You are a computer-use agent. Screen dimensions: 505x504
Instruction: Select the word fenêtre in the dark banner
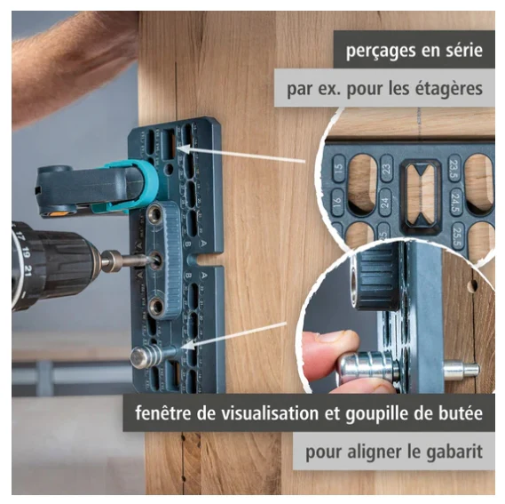pos(163,412)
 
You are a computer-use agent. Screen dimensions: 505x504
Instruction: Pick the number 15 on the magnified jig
pos(339,168)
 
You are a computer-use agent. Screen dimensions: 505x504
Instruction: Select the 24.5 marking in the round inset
pos(455,203)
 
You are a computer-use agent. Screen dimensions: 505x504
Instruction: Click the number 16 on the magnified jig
pos(337,203)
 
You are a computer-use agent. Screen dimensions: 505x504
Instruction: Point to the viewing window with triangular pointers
pos(420,195)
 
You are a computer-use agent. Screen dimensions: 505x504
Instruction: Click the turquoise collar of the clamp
pos(146,179)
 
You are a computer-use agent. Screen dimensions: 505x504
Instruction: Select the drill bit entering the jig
pos(144,260)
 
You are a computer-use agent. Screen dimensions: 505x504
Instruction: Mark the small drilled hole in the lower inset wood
pos(472,286)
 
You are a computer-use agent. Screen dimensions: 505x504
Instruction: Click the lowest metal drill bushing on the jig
pos(157,306)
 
